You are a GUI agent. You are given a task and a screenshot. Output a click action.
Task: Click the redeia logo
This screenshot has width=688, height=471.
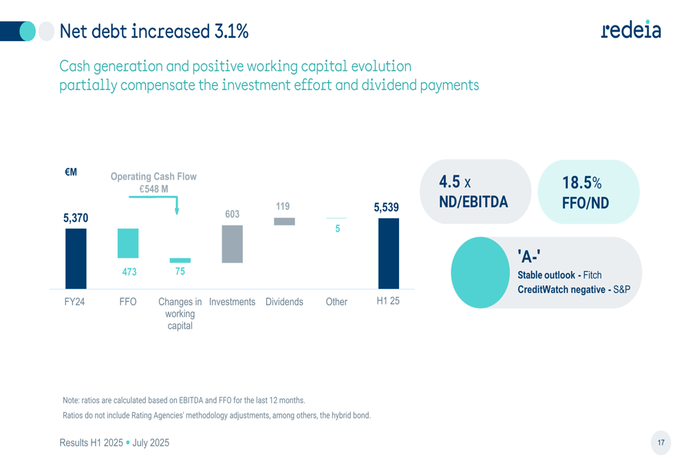[631, 29]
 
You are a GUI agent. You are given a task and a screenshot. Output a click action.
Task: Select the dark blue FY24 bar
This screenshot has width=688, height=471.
[76, 259]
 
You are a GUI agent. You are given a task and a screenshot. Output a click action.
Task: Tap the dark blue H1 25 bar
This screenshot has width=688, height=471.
[388, 253]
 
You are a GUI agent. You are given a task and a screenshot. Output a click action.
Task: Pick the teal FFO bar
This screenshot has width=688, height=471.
[128, 243]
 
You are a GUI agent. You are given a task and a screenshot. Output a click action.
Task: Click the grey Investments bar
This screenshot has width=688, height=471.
[233, 244]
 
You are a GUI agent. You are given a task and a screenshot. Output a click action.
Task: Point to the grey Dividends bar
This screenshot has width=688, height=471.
[284, 221]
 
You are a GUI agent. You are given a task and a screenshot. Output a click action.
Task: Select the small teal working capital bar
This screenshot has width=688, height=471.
[180, 261]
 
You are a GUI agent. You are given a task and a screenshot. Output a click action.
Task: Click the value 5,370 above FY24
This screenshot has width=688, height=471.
[76, 218]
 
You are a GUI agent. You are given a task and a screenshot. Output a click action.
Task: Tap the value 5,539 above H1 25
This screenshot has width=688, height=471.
[386, 207]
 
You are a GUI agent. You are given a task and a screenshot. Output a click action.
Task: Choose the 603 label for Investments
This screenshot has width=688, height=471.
[233, 215]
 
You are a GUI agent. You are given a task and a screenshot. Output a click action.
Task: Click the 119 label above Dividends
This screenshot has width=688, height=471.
[283, 206]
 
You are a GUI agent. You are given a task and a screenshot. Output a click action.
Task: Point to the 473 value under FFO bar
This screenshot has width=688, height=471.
[129, 272]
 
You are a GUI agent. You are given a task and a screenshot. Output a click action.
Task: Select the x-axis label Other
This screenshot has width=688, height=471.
[336, 302]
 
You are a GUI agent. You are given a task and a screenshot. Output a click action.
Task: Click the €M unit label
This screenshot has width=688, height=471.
[71, 173]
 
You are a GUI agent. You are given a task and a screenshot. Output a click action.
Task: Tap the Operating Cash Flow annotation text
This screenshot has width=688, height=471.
[153, 177]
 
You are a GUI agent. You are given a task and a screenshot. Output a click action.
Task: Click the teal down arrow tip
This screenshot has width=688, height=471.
[177, 212]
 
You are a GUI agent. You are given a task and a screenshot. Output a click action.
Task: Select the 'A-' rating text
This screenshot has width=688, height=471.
[529, 257]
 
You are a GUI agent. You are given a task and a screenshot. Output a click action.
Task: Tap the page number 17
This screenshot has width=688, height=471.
[661, 443]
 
